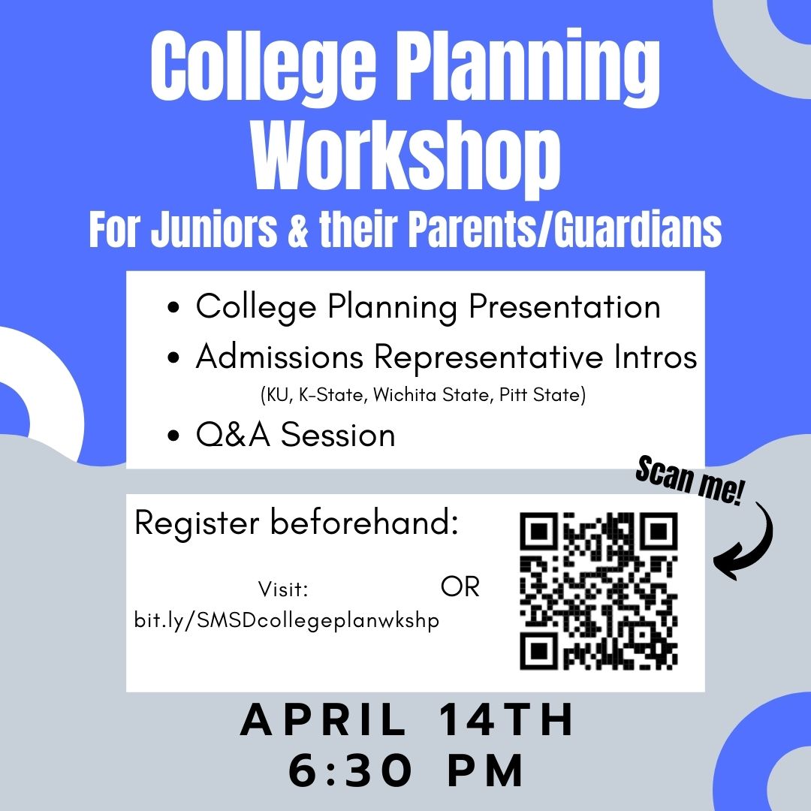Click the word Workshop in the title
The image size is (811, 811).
406,161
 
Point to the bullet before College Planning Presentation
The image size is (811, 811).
174,309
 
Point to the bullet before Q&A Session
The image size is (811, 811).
174,437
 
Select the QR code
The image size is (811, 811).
598,590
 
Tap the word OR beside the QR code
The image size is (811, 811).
460,587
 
